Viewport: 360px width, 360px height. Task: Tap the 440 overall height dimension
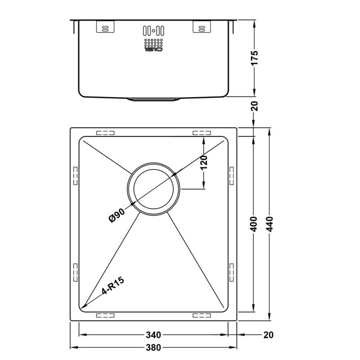[269, 224]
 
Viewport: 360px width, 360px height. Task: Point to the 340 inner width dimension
[153, 335]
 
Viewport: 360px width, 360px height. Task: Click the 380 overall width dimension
[153, 347]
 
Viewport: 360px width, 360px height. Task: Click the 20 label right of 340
[269, 335]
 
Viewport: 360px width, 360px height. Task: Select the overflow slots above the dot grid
[153, 31]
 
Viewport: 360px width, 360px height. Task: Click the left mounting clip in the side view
[103, 28]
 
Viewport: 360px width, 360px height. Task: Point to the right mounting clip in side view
[202, 28]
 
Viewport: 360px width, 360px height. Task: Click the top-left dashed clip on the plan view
[105, 133]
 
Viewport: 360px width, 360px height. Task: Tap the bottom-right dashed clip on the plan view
[202, 315]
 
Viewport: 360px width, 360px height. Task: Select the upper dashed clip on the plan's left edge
[75, 175]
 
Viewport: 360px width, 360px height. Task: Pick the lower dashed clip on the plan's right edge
[232, 272]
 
